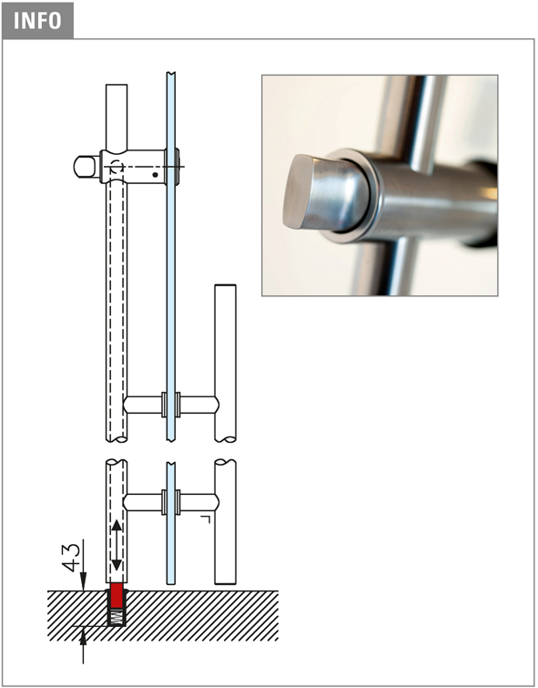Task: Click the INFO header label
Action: click(x=37, y=20)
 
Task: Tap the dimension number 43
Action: click(x=72, y=558)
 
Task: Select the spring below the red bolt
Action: click(x=117, y=617)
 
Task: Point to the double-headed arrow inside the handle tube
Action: click(x=117, y=546)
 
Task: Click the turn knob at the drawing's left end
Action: click(x=86, y=167)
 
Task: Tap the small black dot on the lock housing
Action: click(x=156, y=175)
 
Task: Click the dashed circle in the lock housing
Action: click(x=117, y=167)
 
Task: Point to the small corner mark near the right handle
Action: click(x=206, y=519)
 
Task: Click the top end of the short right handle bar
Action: click(x=226, y=285)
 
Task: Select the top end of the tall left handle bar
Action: click(x=117, y=85)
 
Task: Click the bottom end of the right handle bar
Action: click(x=226, y=583)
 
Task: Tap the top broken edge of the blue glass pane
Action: click(x=171, y=73)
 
